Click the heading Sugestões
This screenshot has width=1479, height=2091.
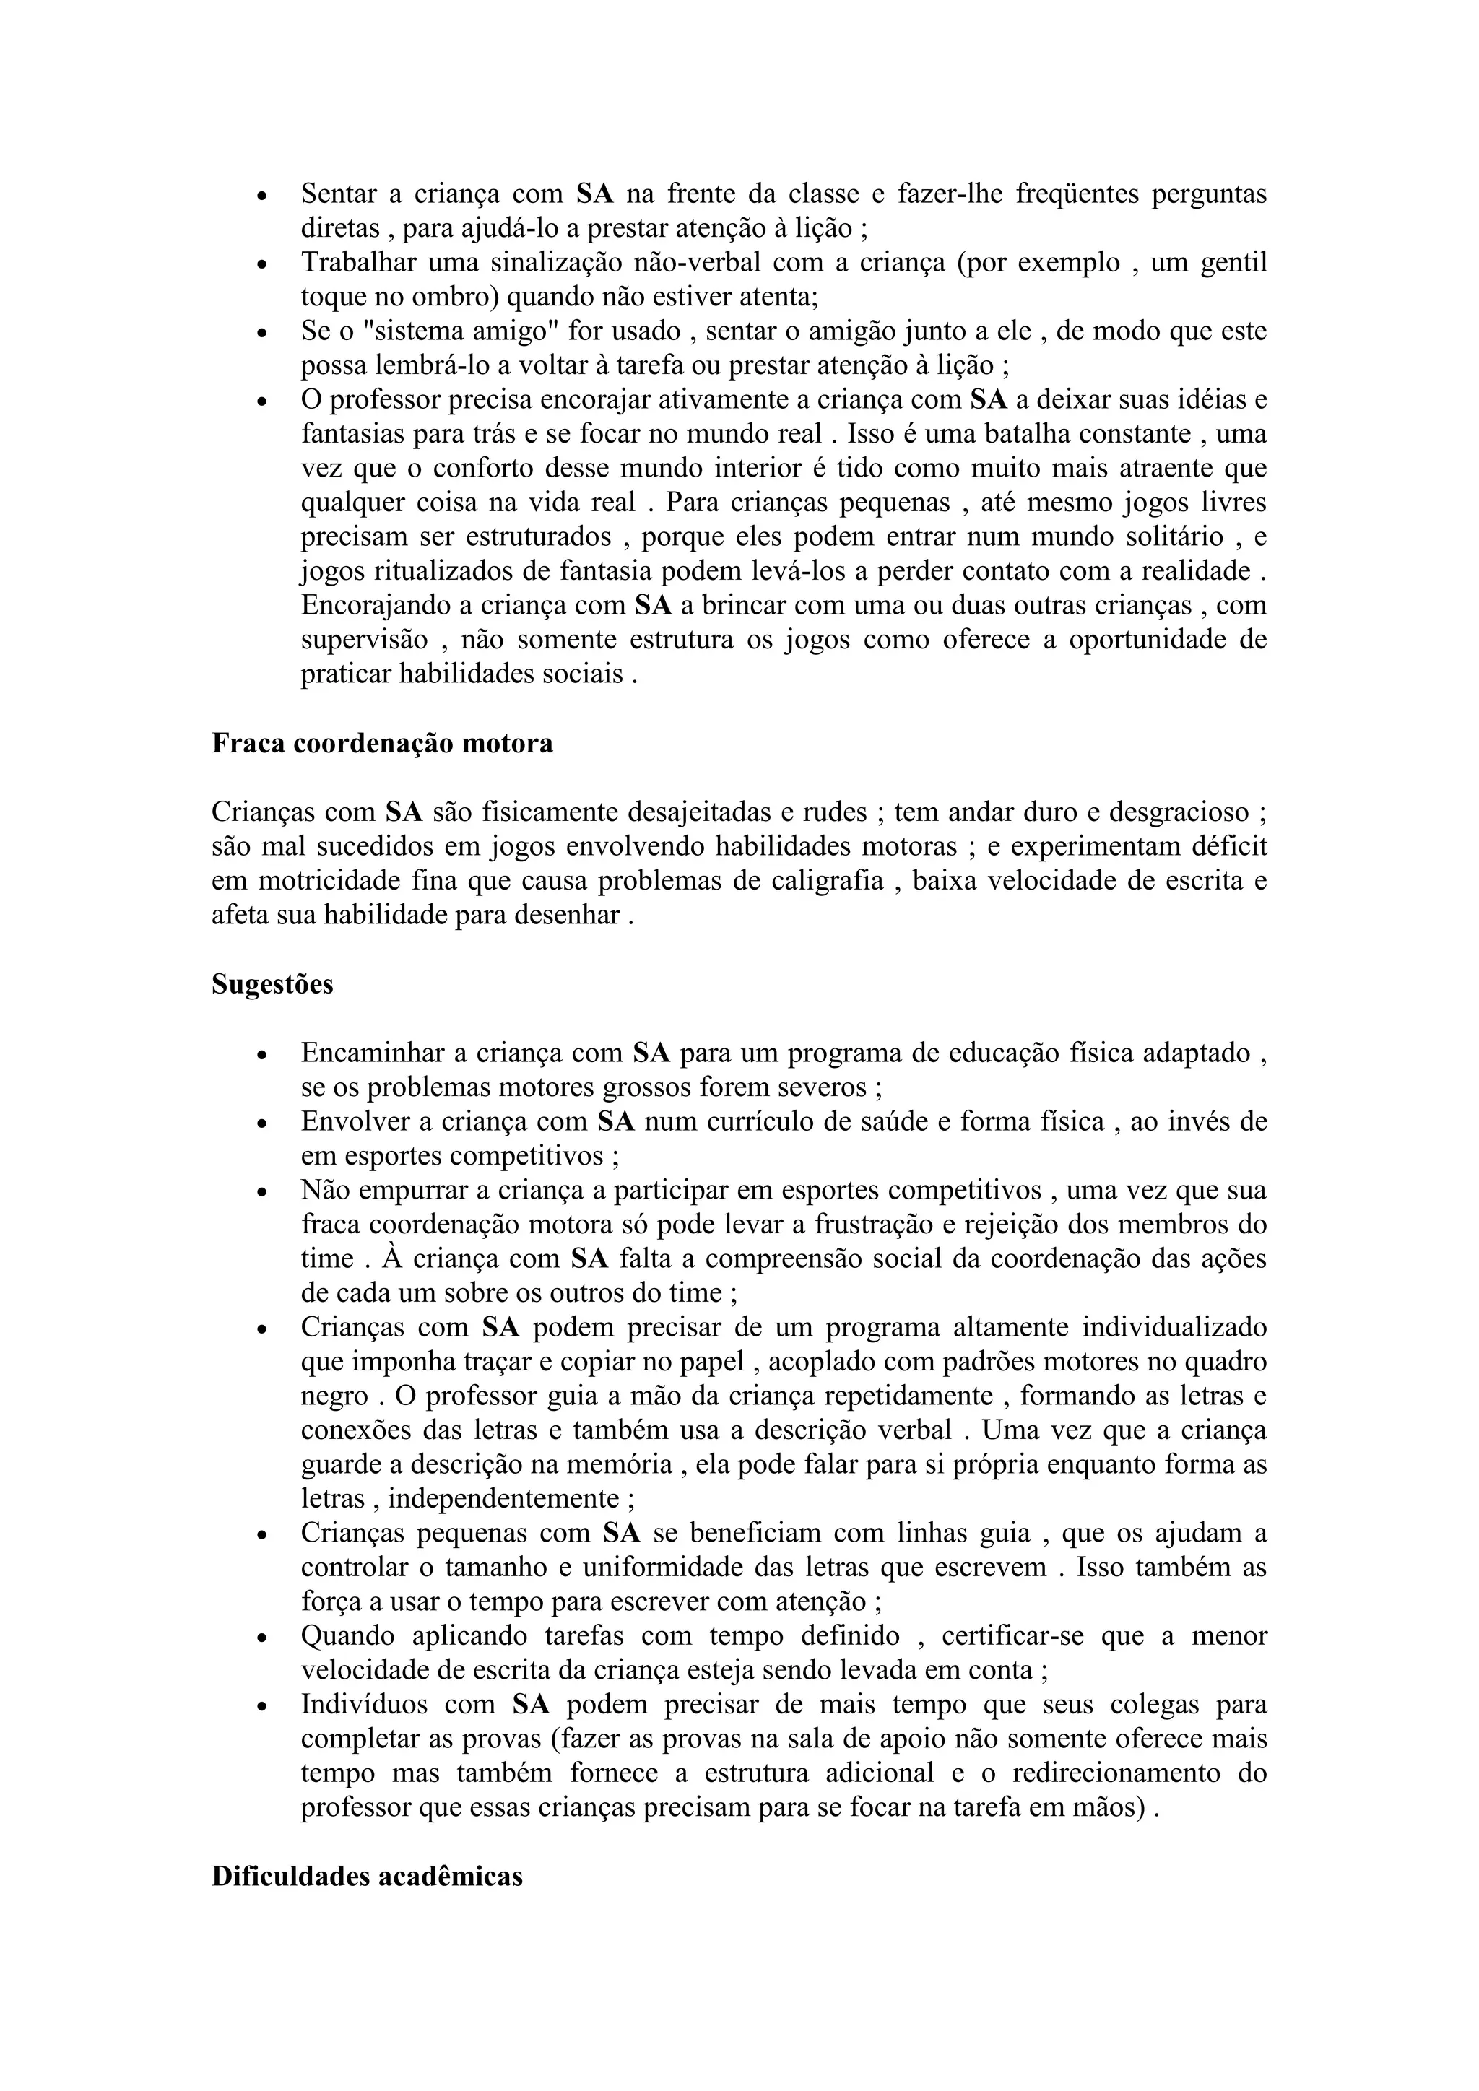point(272,984)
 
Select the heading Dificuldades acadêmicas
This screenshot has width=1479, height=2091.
point(367,1877)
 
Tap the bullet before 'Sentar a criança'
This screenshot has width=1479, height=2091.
point(261,196)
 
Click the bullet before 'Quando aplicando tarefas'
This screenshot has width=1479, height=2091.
point(261,1638)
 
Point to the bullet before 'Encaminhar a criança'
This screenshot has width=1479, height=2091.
point(261,1055)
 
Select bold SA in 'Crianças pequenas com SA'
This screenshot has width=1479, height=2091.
point(622,1534)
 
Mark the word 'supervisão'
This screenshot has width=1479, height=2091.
point(364,640)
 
